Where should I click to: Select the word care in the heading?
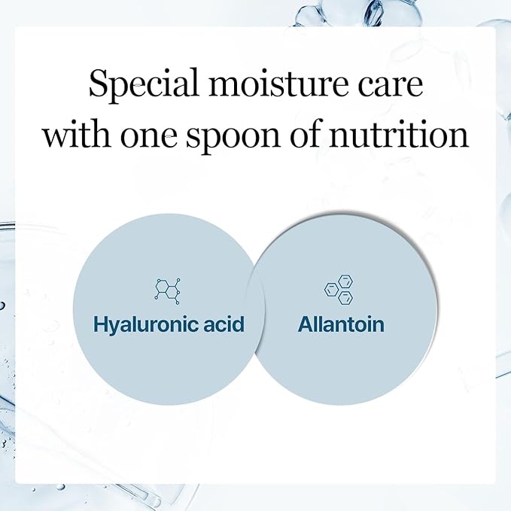coord(388,85)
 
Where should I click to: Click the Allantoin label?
coord(341,324)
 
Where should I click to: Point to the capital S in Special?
coord(98,84)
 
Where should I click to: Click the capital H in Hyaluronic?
coord(100,324)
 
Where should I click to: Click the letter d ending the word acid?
coord(240,324)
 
